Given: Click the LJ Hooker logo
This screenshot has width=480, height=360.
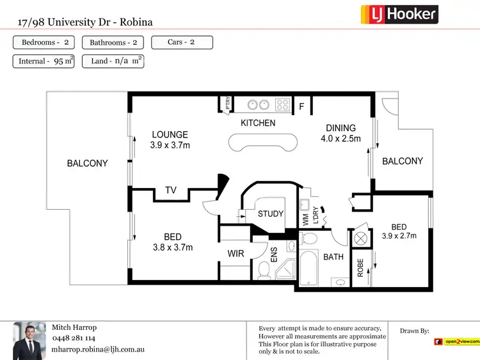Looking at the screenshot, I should click(x=399, y=14).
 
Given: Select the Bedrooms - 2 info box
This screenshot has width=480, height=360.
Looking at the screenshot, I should click(x=44, y=43).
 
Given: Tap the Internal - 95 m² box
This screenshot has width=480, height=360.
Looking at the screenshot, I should click(x=44, y=61).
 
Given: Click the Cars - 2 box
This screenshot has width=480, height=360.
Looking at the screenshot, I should click(x=182, y=43).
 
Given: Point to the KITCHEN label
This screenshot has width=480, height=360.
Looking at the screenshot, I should click(x=258, y=123).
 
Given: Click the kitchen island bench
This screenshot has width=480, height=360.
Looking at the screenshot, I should click(x=263, y=143).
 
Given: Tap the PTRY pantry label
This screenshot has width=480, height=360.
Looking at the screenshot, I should click(x=227, y=104).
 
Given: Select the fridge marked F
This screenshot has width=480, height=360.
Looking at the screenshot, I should click(x=301, y=107).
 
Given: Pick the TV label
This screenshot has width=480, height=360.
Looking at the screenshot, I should click(x=171, y=190).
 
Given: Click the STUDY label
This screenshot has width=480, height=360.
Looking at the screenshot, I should click(x=270, y=214).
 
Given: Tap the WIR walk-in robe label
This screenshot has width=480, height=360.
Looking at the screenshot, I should click(x=236, y=254).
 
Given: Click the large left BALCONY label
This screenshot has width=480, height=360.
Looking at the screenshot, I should click(x=88, y=164).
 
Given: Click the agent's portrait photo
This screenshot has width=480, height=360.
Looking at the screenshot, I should click(x=29, y=340).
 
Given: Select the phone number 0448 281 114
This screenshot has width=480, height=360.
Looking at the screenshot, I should click(x=73, y=338).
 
